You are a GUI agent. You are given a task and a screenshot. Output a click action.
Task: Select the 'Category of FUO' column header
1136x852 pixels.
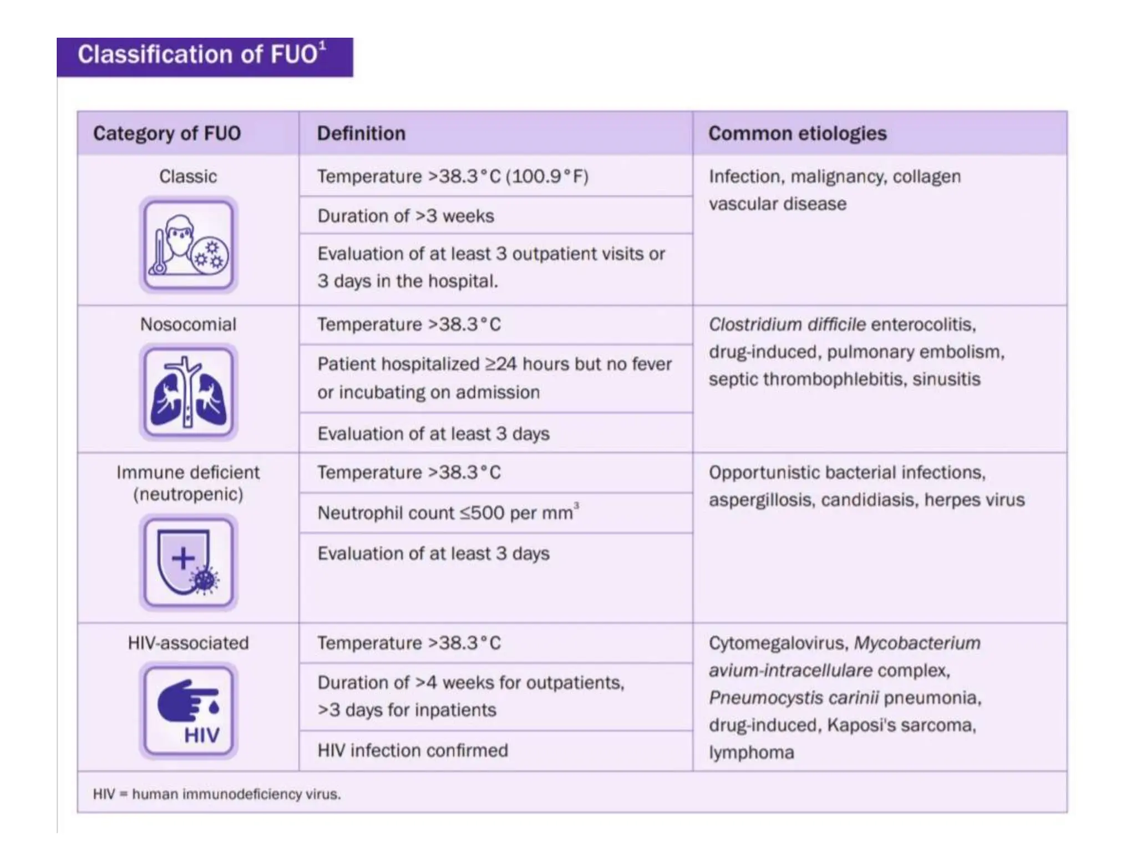166,134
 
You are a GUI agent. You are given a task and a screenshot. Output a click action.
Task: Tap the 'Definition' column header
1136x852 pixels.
361,134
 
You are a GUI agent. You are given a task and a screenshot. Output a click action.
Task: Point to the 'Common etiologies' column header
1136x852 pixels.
797,134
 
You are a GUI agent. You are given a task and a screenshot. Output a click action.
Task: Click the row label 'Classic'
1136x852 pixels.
188,176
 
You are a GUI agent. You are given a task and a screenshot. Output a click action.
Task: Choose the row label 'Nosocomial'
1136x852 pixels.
188,324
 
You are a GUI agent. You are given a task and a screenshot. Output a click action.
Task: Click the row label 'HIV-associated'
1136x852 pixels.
188,643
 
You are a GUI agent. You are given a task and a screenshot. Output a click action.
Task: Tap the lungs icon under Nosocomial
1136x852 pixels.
188,393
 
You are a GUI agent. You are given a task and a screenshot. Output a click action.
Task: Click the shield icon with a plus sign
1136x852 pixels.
188,562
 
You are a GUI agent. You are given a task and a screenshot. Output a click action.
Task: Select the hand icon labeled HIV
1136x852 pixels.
188,711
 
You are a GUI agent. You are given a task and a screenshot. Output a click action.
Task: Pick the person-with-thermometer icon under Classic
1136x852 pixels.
188,245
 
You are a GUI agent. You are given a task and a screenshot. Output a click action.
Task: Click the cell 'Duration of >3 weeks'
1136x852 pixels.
405,216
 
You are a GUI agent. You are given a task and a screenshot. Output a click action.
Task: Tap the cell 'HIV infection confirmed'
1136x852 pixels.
413,750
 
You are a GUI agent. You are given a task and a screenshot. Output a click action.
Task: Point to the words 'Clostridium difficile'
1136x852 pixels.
787,324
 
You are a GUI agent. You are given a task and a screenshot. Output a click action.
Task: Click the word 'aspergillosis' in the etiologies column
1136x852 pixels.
760,500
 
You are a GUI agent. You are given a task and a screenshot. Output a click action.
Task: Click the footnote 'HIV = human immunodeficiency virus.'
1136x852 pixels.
217,794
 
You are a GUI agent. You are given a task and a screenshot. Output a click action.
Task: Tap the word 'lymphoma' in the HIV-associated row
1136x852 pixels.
751,753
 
